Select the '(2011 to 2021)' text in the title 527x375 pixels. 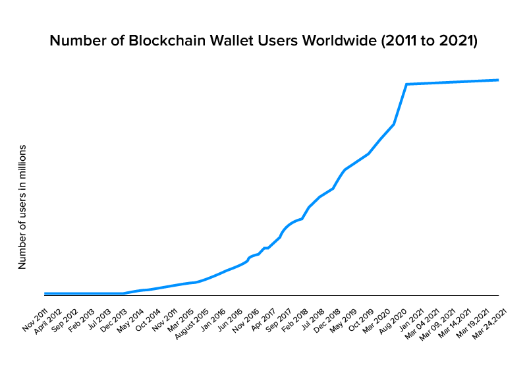pos(435,42)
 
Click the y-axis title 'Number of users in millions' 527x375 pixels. pos(22,206)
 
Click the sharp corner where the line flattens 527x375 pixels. pos(406,84)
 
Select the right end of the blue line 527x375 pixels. pos(499,80)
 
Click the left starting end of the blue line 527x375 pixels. pos(45,293)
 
